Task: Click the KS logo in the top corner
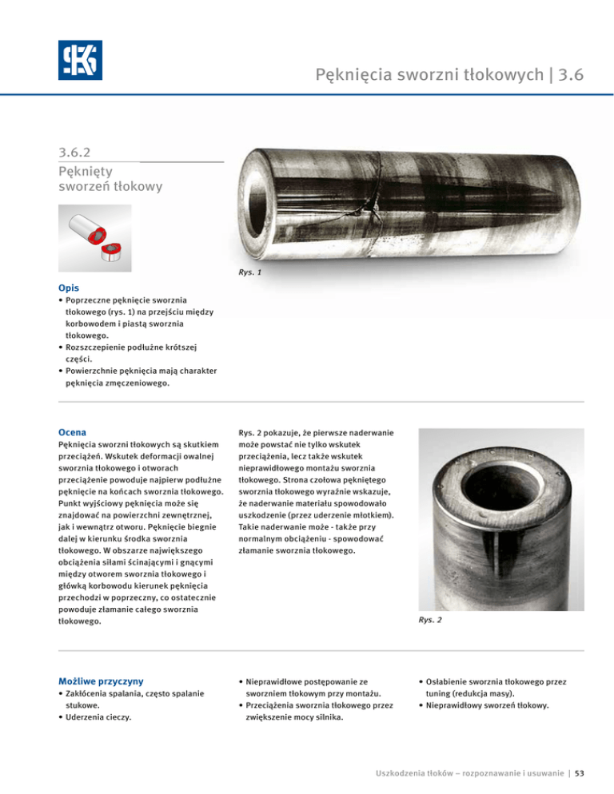[80, 60]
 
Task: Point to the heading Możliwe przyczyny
[101, 681]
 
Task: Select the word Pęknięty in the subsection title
[84, 171]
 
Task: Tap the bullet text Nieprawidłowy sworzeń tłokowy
[487, 705]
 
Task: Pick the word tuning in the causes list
[441, 693]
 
